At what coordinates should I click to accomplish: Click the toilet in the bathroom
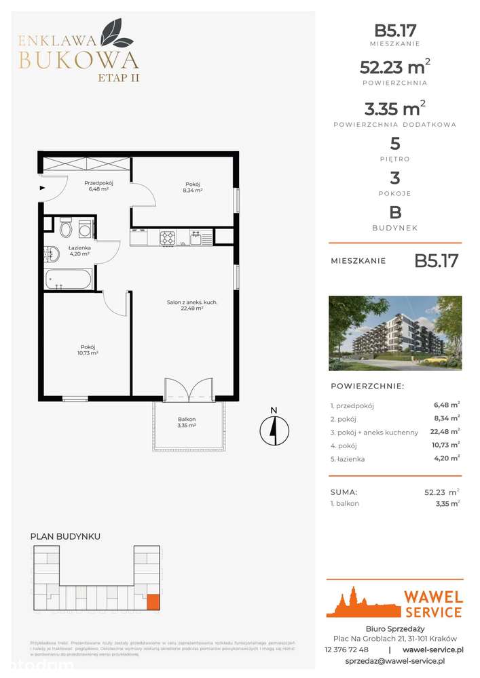[66, 228]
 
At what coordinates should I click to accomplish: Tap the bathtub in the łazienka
[68, 279]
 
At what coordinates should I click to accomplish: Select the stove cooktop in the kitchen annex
[168, 237]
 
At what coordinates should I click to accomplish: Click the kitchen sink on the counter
[196, 237]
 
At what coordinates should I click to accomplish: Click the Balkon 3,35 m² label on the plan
[182, 422]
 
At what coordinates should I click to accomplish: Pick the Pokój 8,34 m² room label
[194, 187]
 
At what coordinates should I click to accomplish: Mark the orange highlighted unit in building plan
[153, 601]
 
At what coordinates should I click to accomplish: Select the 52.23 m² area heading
[395, 67]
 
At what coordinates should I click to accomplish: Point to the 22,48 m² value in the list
[446, 431]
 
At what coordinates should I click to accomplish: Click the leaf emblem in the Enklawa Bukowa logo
[111, 31]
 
